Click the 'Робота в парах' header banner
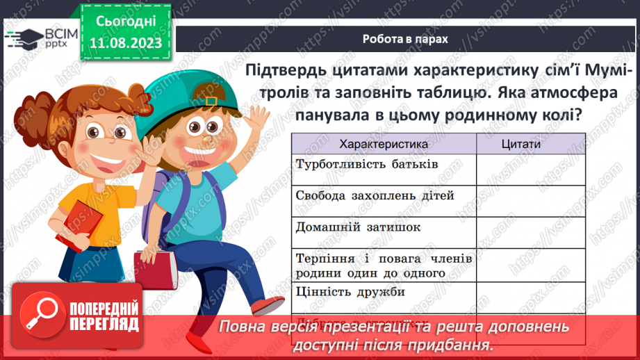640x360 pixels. coord(405,39)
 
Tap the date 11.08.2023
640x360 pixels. coord(126,42)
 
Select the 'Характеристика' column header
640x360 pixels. coord(383,144)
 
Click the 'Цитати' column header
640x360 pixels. coord(520,144)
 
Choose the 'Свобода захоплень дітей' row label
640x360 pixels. coord(375,195)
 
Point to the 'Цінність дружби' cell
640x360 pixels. coord(350,292)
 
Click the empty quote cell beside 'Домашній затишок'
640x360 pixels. coord(520,231)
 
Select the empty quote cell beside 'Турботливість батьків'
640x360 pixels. coord(520,169)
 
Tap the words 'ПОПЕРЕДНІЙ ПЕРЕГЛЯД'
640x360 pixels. coord(104,317)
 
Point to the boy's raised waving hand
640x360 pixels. coord(256,122)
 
